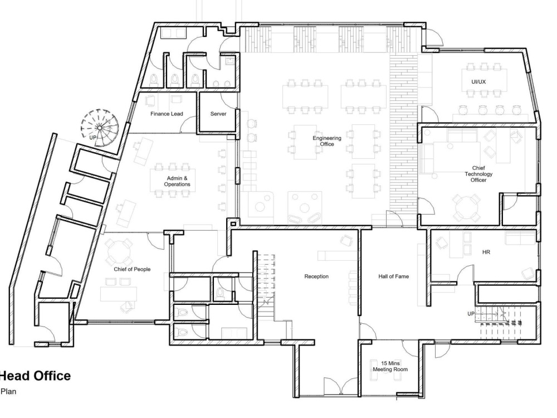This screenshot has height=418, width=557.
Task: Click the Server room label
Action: (x=218, y=114)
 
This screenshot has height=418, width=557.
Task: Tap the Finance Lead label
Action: (x=167, y=114)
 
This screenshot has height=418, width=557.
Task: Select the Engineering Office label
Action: (x=327, y=141)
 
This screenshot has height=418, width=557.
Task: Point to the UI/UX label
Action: (x=478, y=82)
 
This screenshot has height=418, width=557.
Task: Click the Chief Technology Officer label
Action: (x=478, y=174)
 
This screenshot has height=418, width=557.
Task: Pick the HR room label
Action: (x=486, y=252)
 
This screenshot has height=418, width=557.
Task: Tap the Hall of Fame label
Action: (x=394, y=276)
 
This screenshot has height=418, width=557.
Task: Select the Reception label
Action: (x=316, y=276)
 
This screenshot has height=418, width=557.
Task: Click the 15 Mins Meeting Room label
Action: (x=390, y=366)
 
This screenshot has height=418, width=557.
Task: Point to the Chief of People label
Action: (x=132, y=269)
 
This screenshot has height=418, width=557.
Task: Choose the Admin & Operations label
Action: (x=177, y=181)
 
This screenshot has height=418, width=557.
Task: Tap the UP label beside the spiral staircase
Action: (x=92, y=137)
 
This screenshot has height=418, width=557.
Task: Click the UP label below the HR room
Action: (x=471, y=314)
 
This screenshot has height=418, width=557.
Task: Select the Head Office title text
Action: (x=35, y=376)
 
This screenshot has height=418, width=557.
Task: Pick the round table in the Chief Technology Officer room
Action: (x=466, y=207)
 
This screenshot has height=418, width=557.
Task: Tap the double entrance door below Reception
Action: (x=340, y=386)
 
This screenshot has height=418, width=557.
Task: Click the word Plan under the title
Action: (x=8, y=392)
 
